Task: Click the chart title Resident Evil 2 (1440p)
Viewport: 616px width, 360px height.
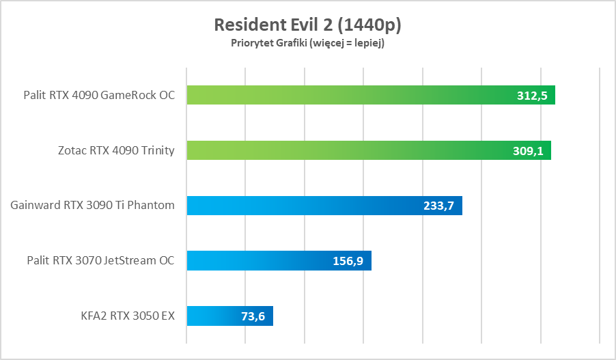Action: [307, 25]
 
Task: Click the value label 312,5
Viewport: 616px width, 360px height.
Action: [532, 96]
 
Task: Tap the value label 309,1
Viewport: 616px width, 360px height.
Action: [528, 151]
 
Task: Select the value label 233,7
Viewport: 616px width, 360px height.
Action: [439, 206]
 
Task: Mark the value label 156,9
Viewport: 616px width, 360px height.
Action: [348, 261]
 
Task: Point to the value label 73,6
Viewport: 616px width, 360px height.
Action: [251, 316]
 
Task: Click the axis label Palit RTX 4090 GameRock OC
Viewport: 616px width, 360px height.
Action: [99, 95]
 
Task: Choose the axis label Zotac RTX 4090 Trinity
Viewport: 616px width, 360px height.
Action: [115, 150]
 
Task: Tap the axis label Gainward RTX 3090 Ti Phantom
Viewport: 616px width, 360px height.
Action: [93, 205]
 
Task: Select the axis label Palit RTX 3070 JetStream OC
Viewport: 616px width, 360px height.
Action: [100, 260]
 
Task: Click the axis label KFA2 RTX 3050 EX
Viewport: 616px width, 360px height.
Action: [127, 316]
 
